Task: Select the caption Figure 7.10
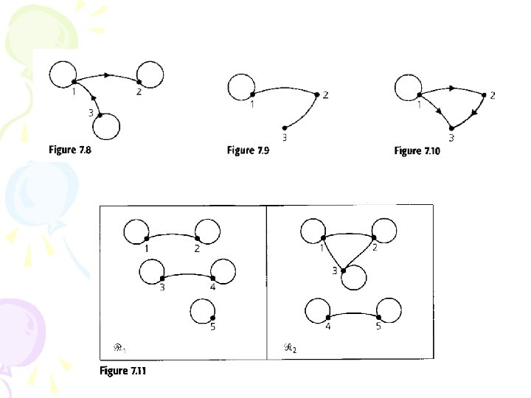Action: (418, 150)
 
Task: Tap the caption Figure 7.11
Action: (123, 371)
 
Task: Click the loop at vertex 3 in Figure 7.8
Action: (107, 126)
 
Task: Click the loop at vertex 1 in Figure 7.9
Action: (240, 86)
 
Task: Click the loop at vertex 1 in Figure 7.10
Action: (408, 87)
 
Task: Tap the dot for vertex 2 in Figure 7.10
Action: (484, 94)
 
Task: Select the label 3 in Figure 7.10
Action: (451, 138)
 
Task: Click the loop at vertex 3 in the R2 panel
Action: (354, 278)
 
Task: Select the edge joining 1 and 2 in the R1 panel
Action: (173, 234)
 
